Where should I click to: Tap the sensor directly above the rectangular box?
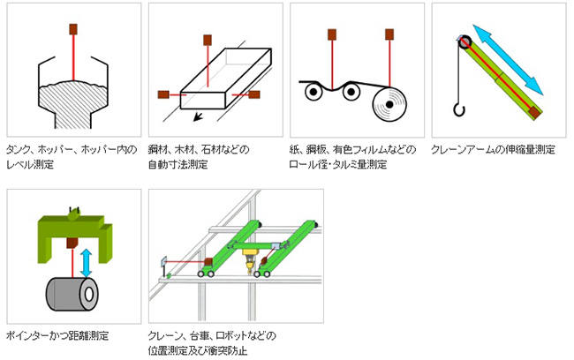207,39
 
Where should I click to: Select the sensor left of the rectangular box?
162,94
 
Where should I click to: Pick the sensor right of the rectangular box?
254,94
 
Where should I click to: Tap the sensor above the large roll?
389,34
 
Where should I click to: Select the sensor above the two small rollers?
332,34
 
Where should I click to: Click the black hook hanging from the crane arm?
457,109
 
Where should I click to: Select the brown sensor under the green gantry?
70,241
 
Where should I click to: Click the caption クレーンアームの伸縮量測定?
493,149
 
